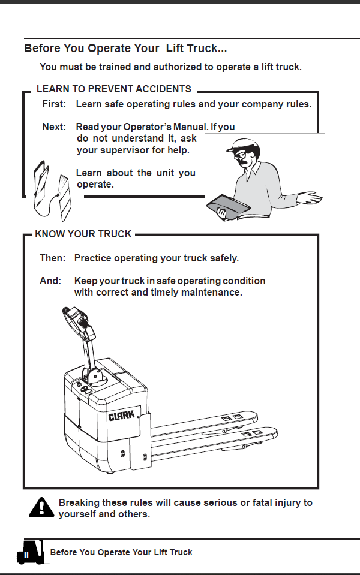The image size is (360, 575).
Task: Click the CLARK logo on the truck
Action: pyautogui.click(x=121, y=416)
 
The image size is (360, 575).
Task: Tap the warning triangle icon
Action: pyautogui.click(x=41, y=507)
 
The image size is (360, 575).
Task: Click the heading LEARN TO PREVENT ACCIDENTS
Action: pyautogui.click(x=114, y=89)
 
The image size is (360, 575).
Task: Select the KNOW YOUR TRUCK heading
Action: pyautogui.click(x=83, y=234)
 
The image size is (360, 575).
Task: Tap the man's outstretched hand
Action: pyautogui.click(x=310, y=198)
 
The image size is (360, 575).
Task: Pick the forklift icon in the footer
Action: pyautogui.click(x=30, y=552)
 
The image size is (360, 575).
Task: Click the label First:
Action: pyautogui.click(x=54, y=104)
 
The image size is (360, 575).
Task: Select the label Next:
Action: pyautogui.click(x=54, y=127)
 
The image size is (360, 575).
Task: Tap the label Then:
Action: pyautogui.click(x=52, y=258)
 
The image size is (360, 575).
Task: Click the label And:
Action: pyautogui.click(x=50, y=281)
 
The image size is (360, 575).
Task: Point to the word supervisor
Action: pyautogui.click(x=125, y=150)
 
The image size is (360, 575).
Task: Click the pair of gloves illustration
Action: pyautogui.click(x=52, y=191)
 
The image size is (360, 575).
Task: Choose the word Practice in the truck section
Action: pyautogui.click(x=93, y=258)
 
